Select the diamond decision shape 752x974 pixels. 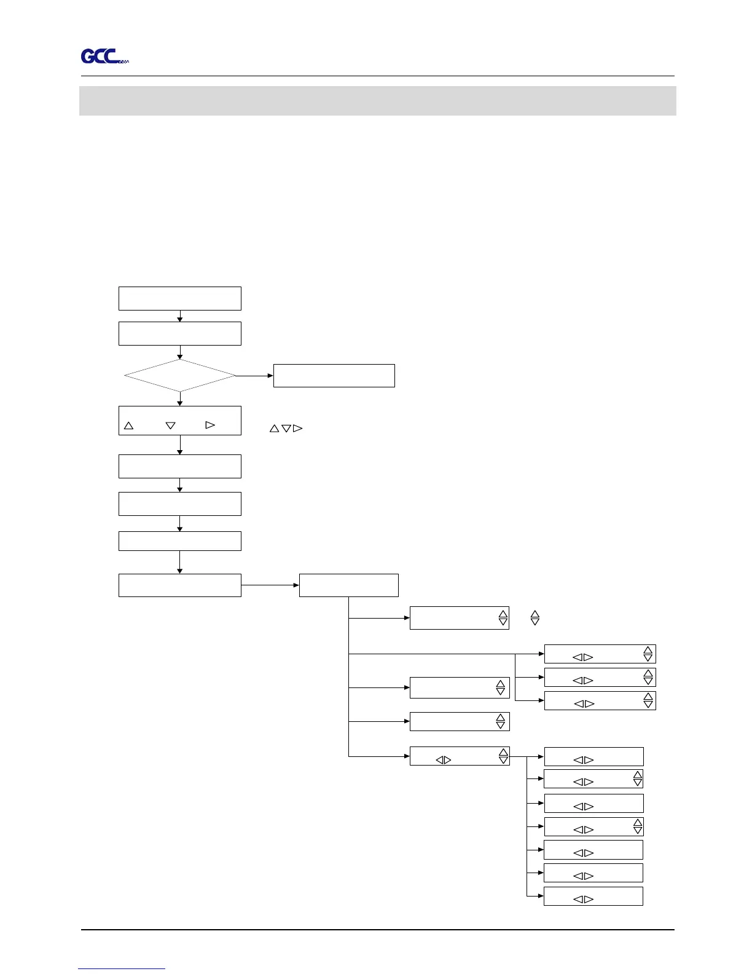point(179,375)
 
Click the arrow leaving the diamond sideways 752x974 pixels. point(254,375)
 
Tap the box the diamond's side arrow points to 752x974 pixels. point(334,376)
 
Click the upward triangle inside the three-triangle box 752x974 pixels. point(129,425)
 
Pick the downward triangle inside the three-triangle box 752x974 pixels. point(171,426)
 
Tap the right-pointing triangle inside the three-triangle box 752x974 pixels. point(210,425)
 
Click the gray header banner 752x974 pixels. point(377,101)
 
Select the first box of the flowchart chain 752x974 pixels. point(179,298)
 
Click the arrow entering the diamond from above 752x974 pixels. point(180,352)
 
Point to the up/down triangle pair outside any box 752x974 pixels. point(535,618)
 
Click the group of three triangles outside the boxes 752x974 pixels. point(286,428)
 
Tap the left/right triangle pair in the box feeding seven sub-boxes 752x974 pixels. point(444,760)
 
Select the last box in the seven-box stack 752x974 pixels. point(593,896)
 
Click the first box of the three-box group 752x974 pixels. point(600,654)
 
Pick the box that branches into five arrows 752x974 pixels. point(348,585)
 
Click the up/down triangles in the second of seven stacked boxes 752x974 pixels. point(638,778)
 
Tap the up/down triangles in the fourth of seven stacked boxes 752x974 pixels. point(638,826)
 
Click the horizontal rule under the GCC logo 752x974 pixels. point(377,76)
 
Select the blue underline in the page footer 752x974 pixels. point(122,968)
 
